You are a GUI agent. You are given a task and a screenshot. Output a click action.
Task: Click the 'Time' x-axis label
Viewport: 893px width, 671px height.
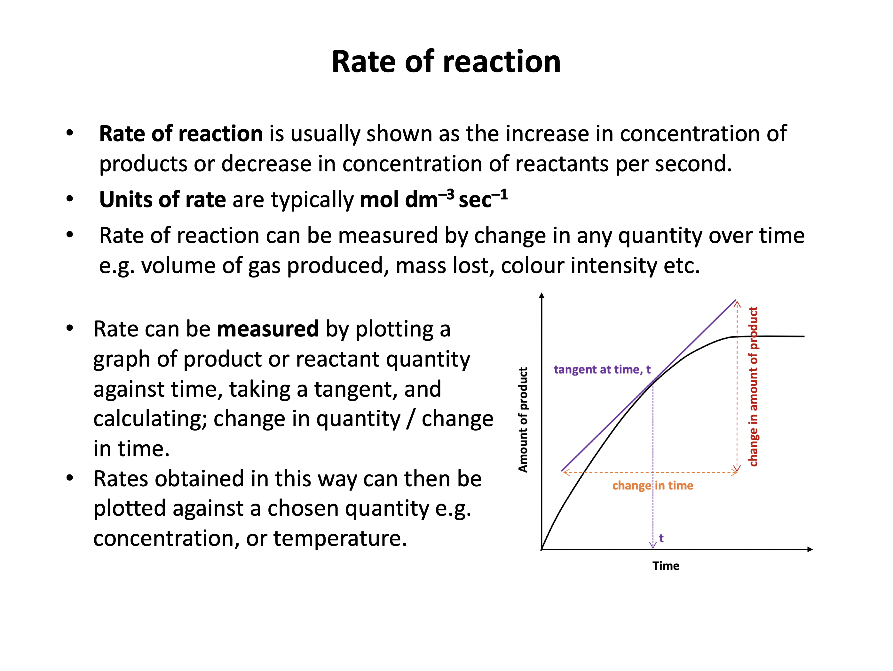point(666,566)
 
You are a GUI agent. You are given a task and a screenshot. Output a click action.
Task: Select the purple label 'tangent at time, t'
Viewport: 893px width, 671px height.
point(602,370)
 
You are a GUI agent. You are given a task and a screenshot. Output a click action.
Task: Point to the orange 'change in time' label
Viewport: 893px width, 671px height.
point(652,485)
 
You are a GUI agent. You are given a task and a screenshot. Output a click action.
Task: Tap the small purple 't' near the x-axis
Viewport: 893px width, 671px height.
point(661,538)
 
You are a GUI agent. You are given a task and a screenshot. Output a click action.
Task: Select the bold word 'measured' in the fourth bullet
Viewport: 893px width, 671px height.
point(268,329)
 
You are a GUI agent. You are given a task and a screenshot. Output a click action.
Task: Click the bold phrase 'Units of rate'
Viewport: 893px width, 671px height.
point(163,199)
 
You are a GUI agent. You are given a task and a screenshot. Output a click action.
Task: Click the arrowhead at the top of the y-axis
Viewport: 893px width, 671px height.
point(542,296)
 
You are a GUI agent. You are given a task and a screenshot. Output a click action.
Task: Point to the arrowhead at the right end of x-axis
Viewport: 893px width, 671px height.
point(810,549)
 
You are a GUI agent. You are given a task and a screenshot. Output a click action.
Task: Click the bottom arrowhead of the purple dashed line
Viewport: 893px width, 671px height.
point(653,546)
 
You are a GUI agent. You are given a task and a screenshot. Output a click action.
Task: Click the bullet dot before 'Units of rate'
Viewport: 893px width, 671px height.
point(70,199)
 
